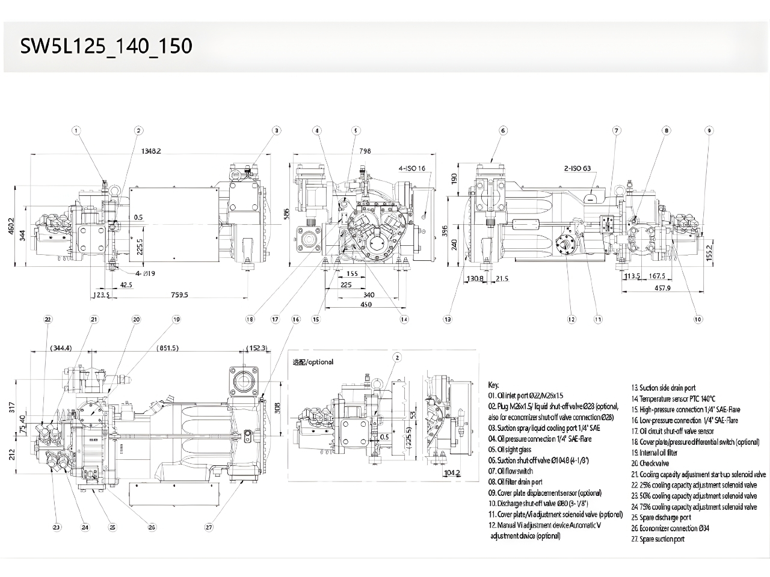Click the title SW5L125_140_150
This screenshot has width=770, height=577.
click(106, 46)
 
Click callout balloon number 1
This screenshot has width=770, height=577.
click(76, 130)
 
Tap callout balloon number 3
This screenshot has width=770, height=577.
click(276, 130)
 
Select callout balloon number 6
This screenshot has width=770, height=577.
click(503, 130)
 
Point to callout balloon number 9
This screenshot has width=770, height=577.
click(709, 130)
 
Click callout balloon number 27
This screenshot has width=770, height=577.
click(209, 527)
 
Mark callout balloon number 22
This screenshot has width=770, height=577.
click(48, 319)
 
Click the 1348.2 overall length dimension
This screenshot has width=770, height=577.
click(150, 151)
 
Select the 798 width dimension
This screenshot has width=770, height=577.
click(365, 151)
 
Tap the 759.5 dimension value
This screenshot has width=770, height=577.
click(179, 295)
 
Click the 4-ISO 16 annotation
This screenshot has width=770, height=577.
click(415, 168)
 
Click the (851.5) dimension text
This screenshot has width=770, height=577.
click(167, 348)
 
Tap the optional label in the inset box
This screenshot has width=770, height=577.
click(313, 362)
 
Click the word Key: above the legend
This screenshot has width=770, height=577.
click(493, 385)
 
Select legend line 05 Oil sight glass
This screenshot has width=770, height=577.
click(510, 450)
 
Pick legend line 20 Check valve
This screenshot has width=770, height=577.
click(650, 463)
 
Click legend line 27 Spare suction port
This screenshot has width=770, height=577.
click(658, 539)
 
